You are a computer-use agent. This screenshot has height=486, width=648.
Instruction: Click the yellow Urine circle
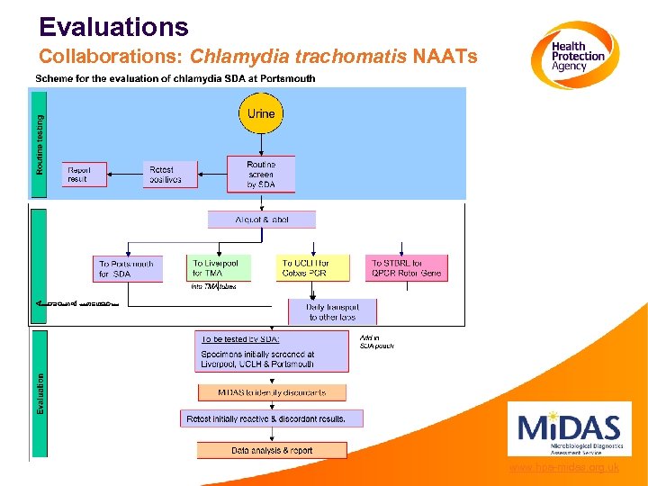pyautogui.click(x=261, y=113)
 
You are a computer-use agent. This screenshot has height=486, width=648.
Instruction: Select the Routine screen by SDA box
pyautogui.click(x=260, y=175)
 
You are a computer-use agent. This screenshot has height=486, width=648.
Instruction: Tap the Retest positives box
pyautogui.click(x=170, y=175)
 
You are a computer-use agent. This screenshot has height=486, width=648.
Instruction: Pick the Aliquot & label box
pyautogui.click(x=261, y=220)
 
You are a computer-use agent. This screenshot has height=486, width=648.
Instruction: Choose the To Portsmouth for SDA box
pyautogui.click(x=128, y=269)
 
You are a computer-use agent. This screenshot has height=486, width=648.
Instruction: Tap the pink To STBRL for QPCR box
pyautogui.click(x=407, y=268)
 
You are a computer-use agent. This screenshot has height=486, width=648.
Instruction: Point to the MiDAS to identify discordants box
pyautogui.click(x=272, y=393)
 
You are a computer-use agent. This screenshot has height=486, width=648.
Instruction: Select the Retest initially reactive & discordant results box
pyautogui.click(x=272, y=419)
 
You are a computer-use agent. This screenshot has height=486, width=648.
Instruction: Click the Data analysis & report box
pyautogui.click(x=272, y=450)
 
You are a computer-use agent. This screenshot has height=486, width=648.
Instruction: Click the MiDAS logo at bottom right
pyautogui.click(x=569, y=429)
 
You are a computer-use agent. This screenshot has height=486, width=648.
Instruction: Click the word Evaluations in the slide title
pyautogui.click(x=114, y=27)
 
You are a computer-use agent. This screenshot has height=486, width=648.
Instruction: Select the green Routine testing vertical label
pyautogui.click(x=40, y=142)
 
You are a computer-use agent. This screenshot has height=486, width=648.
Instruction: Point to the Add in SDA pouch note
pyautogui.click(x=376, y=341)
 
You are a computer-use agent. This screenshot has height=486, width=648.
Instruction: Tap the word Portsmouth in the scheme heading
pyautogui.click(x=285, y=78)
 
